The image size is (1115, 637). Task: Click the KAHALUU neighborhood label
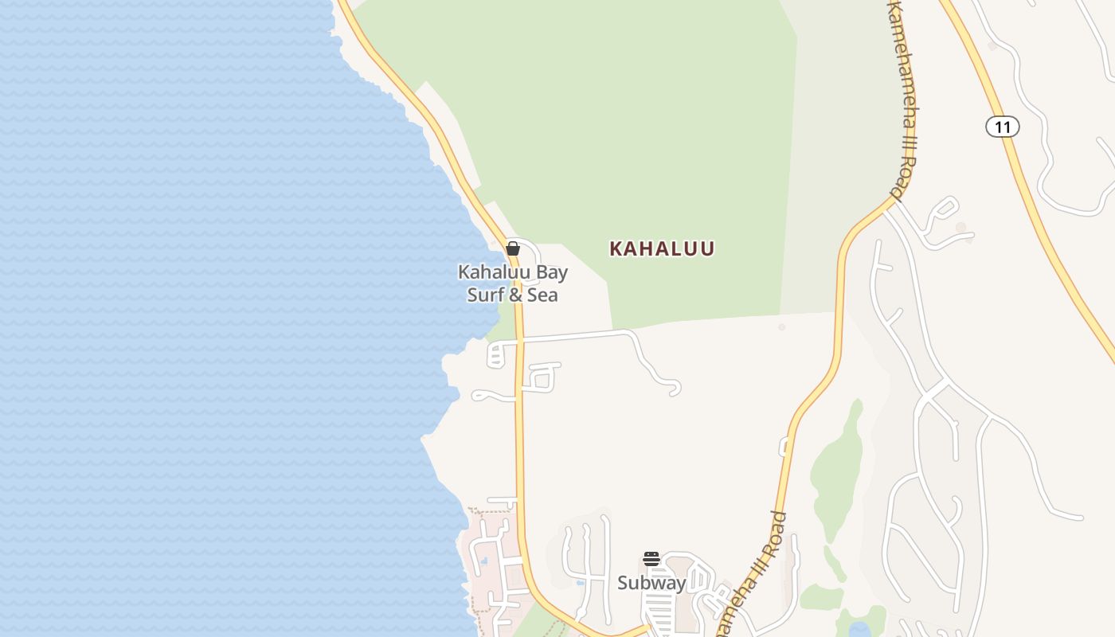point(662,248)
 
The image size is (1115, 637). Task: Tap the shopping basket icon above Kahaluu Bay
point(513,248)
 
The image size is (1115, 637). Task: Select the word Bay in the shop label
point(551,272)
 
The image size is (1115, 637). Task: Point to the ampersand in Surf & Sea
point(517,295)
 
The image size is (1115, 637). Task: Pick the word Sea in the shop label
point(543,295)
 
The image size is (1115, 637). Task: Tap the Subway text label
point(651,583)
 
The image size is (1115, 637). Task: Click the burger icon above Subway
point(651,559)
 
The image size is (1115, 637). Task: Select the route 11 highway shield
point(1002,127)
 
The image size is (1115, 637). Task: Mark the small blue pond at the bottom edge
point(859,630)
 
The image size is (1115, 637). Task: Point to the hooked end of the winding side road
point(675,390)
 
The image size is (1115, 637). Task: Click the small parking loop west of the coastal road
point(495,354)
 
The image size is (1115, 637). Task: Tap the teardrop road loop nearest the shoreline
point(483,395)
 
